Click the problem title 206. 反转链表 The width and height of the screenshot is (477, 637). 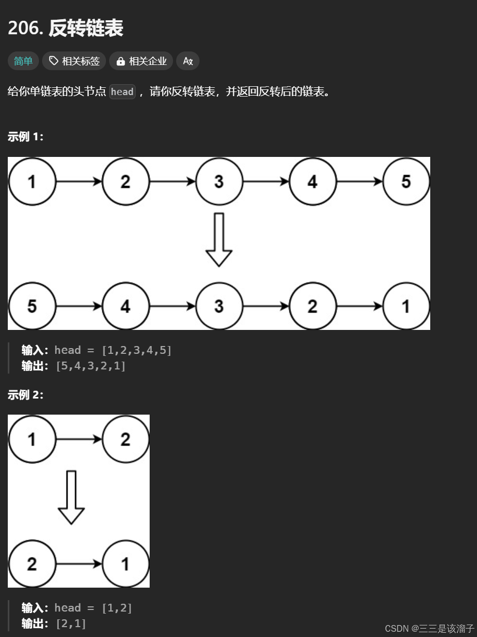tap(65, 29)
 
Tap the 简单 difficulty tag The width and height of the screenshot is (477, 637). tap(23, 61)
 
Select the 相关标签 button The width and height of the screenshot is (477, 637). tap(74, 61)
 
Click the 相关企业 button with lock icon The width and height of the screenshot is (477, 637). tap(141, 61)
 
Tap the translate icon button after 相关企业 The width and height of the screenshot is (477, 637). tap(188, 61)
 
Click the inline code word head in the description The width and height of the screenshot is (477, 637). tap(122, 92)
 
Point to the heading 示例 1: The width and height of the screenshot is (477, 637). tap(25, 137)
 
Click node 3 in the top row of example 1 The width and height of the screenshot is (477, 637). tap(219, 181)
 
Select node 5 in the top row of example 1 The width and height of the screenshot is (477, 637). tap(406, 181)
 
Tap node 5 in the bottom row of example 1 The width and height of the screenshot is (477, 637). tap(32, 306)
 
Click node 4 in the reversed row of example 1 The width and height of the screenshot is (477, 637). tap(125, 306)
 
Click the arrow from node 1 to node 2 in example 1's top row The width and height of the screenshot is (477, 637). tap(78, 181)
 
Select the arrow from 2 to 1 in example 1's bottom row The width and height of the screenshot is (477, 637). tap(359, 306)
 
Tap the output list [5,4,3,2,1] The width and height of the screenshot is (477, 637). tap(90, 366)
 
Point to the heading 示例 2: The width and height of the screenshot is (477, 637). tap(25, 395)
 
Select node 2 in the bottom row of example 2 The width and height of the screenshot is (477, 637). tap(32, 564)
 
